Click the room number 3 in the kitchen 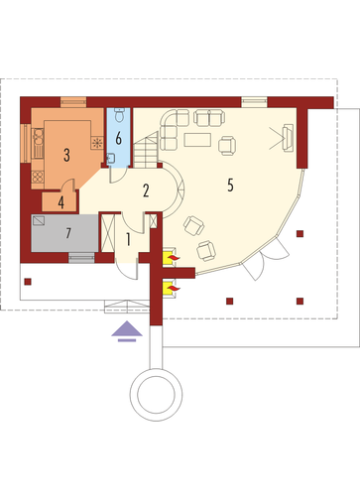[66, 155]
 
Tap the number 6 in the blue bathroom [118, 138]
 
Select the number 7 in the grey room [68, 233]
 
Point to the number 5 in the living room [230, 185]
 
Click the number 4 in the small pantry [61, 202]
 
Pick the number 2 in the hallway [146, 190]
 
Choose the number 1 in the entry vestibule [128, 239]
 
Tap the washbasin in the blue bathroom [111, 159]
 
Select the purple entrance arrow [127, 331]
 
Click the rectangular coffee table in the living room [197, 140]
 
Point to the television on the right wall [288, 138]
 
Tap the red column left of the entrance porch [28, 282]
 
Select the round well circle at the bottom [156, 395]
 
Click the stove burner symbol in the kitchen [97, 143]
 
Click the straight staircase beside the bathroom [146, 150]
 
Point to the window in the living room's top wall [254, 102]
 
